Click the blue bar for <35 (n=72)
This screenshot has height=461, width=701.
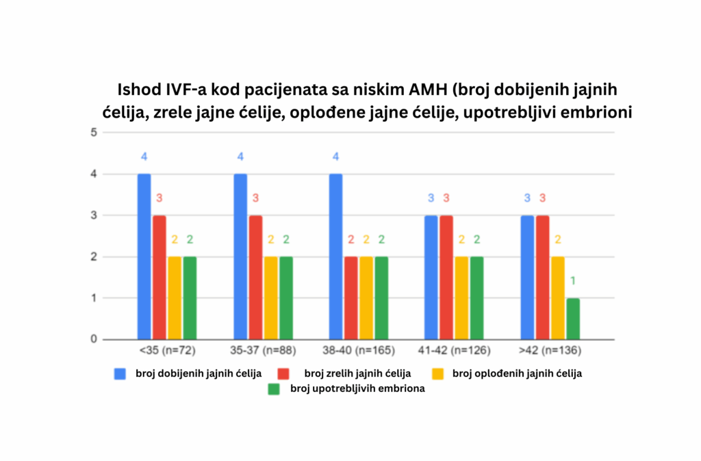(x=144, y=256)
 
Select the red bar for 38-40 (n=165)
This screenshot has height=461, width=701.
(x=350, y=298)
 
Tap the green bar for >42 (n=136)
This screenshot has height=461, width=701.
(x=572, y=319)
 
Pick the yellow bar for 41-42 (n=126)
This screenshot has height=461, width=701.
(x=461, y=298)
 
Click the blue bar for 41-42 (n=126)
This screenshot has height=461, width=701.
(x=431, y=277)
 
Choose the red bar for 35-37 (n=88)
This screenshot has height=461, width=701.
(x=255, y=277)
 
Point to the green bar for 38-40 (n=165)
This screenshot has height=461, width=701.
(x=381, y=298)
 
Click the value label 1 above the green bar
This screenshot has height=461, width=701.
(x=572, y=281)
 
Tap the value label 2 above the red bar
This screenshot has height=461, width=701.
(x=350, y=240)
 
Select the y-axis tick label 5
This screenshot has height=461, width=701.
(x=93, y=133)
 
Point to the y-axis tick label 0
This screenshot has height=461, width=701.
(x=93, y=340)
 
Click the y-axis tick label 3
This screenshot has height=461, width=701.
(x=93, y=215)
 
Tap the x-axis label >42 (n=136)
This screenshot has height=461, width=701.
(x=549, y=351)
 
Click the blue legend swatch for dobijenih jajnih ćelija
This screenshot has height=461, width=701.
(x=120, y=373)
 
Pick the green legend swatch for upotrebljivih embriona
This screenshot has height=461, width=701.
(x=274, y=389)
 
